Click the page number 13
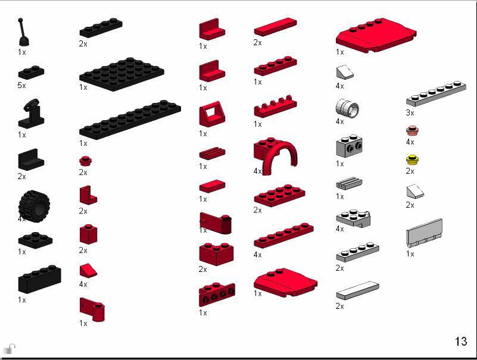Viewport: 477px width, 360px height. tap(461, 342)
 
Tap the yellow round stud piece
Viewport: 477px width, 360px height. tap(410, 160)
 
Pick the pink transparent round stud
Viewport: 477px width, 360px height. tap(410, 130)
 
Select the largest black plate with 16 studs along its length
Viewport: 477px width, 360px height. tap(130, 120)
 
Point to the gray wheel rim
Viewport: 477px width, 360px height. tap(347, 108)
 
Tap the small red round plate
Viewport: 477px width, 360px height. tap(84, 161)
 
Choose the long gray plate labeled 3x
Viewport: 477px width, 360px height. tap(436, 94)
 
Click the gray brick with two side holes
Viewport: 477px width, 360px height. tap(350, 146)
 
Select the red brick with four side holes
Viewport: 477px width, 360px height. tap(216, 295)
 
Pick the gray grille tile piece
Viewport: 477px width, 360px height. tap(349, 184)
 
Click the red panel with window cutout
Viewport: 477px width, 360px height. tap(211, 114)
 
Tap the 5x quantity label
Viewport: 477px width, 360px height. tap(22, 86)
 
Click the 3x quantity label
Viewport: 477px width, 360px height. tap(410, 112)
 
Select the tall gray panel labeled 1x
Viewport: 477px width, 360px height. tap(424, 233)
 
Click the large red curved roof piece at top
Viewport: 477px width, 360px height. tap(375, 35)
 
